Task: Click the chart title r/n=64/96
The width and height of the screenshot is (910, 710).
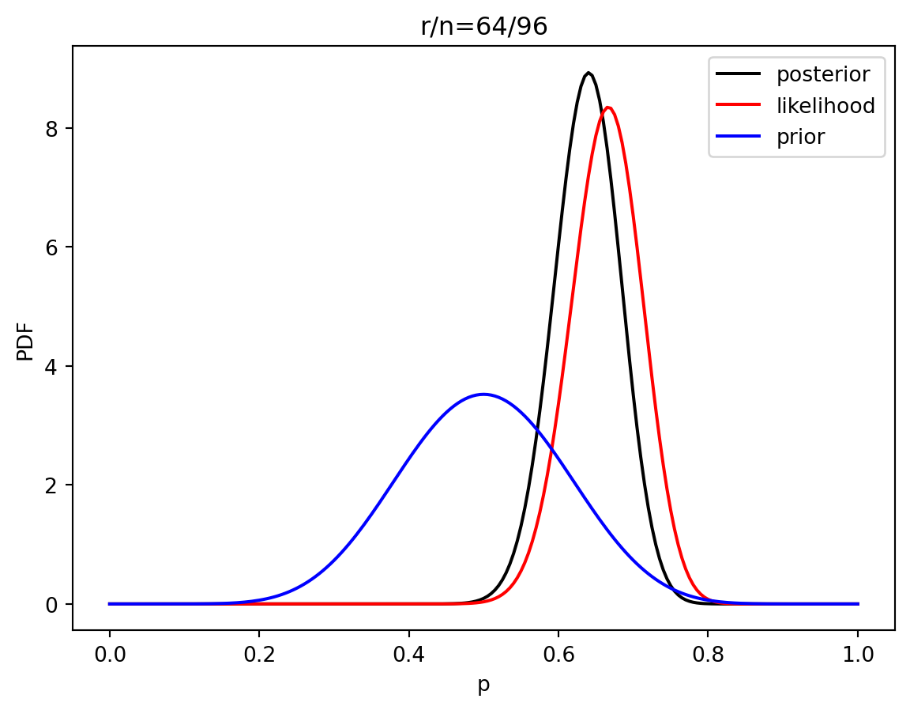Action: click(x=483, y=27)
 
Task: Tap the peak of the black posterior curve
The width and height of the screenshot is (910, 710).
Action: click(x=588, y=74)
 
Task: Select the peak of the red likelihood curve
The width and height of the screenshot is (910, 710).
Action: click(x=607, y=108)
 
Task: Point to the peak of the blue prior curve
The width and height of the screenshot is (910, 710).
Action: click(x=483, y=394)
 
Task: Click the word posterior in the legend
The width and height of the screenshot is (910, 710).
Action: click(x=823, y=75)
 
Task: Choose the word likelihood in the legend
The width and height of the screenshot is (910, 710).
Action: click(x=825, y=106)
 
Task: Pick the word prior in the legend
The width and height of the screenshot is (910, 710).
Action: click(x=801, y=137)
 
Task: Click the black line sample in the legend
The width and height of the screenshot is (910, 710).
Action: click(x=738, y=75)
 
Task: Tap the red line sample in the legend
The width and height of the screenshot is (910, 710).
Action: click(x=738, y=106)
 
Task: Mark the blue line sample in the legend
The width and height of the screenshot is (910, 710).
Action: click(x=738, y=137)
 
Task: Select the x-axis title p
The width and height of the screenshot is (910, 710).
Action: click(x=483, y=685)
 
